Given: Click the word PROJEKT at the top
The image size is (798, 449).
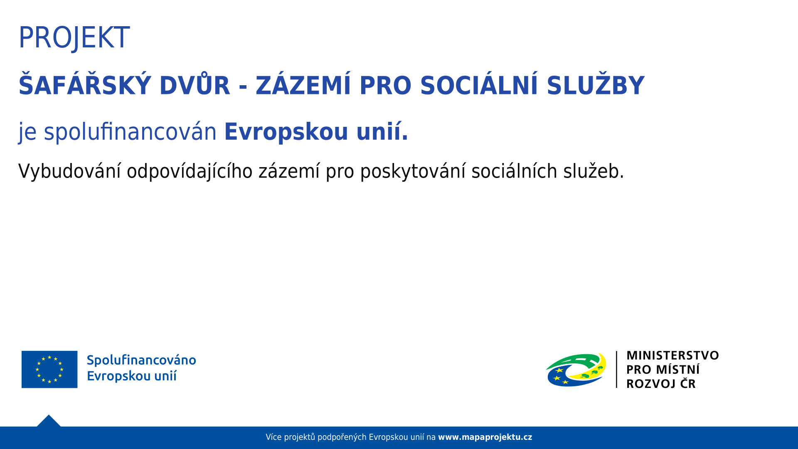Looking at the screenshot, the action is click(x=74, y=38).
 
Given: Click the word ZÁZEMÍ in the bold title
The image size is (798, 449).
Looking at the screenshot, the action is click(x=303, y=85).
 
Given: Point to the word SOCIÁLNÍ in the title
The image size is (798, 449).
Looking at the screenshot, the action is click(x=479, y=85).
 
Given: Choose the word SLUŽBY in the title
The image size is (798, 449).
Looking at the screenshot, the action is click(x=596, y=85).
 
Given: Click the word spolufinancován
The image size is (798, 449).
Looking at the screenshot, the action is click(x=130, y=132).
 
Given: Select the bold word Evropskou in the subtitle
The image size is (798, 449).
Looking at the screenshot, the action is click(x=286, y=132).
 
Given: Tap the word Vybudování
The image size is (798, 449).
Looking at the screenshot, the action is click(x=70, y=171).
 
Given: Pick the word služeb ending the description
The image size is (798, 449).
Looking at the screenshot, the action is click(x=594, y=171).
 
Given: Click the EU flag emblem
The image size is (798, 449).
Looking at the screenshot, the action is click(x=49, y=369).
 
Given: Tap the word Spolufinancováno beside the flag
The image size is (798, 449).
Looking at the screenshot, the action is click(x=141, y=360).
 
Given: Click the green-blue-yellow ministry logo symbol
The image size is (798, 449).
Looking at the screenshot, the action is click(x=576, y=370).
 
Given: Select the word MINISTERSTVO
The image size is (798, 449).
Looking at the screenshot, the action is click(x=672, y=355).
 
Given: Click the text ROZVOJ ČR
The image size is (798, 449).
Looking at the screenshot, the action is click(x=661, y=383).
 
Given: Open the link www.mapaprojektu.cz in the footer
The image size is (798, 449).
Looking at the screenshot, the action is click(x=485, y=437).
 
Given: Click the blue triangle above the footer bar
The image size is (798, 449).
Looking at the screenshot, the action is click(x=49, y=421).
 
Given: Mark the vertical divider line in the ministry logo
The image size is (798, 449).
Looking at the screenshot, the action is click(x=616, y=370).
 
